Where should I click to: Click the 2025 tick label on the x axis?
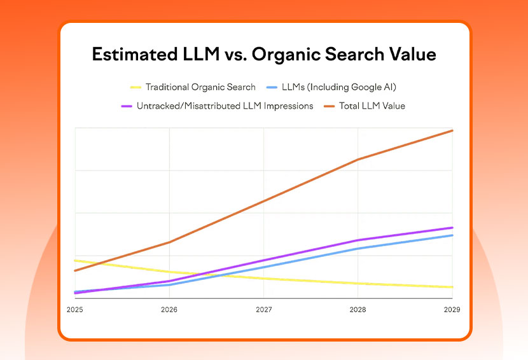point(75,310)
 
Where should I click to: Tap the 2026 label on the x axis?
point(169,310)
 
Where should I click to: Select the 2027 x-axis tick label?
point(264,310)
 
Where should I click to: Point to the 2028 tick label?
point(358,310)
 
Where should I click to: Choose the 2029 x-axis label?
point(452,310)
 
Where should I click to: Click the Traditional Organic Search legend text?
point(200,87)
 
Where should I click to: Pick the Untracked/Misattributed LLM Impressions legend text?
point(225,106)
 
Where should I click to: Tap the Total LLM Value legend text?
point(365,106)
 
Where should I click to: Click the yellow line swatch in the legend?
point(135,87)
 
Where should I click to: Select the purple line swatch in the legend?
point(126,106)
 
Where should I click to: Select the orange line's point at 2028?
point(358,159)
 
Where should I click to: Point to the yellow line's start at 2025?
point(75,260)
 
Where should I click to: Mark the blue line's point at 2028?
point(358,248)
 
